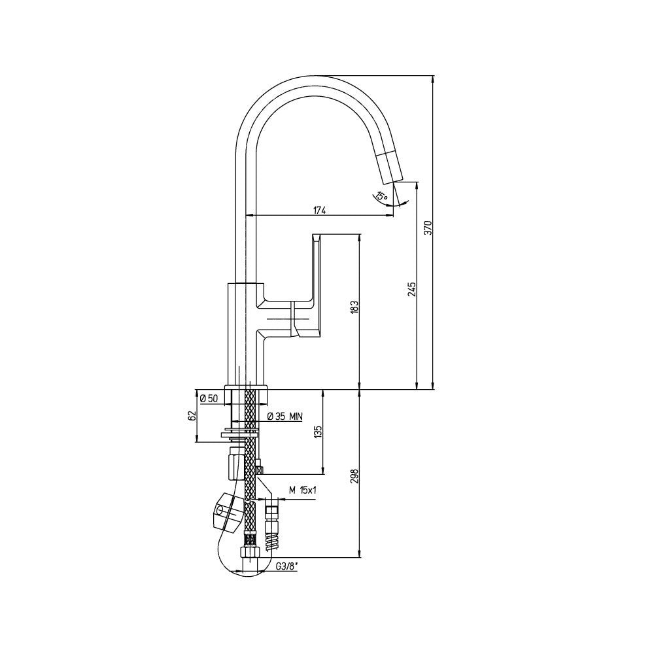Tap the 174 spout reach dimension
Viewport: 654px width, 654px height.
[x=319, y=210]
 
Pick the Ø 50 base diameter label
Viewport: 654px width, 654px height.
[x=209, y=398]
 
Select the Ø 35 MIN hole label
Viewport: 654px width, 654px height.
[x=285, y=416]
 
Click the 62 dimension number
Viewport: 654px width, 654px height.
[x=192, y=416]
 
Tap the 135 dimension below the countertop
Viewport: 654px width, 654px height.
[x=318, y=432]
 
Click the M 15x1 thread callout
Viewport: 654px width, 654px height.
[x=302, y=490]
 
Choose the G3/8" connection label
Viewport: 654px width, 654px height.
[x=286, y=567]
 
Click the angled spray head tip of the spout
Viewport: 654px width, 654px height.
[x=391, y=167]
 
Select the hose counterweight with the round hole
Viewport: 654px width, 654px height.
[x=228, y=511]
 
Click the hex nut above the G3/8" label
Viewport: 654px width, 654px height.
[x=250, y=552]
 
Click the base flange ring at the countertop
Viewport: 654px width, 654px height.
[x=246, y=394]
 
